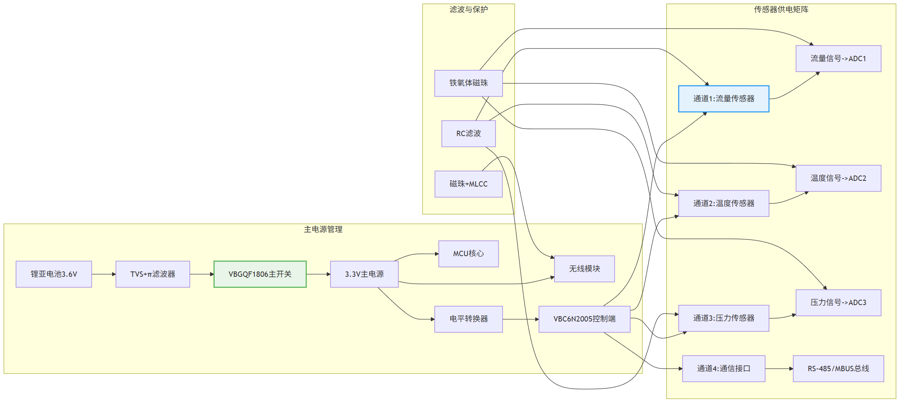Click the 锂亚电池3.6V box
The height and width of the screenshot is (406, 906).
pyautogui.click(x=54, y=274)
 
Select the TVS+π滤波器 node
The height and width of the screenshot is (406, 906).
pyautogui.click(x=153, y=274)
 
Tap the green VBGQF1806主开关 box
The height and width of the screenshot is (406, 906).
pyautogui.click(x=260, y=274)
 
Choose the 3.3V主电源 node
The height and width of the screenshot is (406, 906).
pyautogui.click(x=364, y=274)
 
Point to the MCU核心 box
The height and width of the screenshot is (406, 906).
pyautogui.click(x=469, y=254)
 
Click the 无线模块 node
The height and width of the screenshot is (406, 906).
pyautogui.click(x=585, y=269)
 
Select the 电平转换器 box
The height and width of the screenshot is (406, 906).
pyautogui.click(x=469, y=319)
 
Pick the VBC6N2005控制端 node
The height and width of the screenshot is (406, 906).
pyautogui.click(x=585, y=319)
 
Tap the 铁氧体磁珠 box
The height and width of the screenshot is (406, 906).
pyautogui.click(x=469, y=83)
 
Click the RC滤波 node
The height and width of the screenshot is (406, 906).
pyautogui.click(x=469, y=134)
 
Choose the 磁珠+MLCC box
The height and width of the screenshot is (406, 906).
pyautogui.click(x=469, y=184)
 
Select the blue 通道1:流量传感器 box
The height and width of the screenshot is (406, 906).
pyautogui.click(x=724, y=99)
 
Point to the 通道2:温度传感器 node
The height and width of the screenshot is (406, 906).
pyautogui.click(x=724, y=203)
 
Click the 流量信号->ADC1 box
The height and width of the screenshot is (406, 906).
pyautogui.click(x=839, y=58)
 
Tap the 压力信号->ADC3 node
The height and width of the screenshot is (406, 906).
pyautogui.click(x=839, y=303)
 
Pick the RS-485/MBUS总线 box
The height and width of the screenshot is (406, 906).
pyautogui.click(x=839, y=369)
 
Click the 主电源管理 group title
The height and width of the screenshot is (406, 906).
pyautogui.click(x=323, y=229)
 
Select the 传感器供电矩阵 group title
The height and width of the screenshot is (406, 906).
pyautogui.click(x=781, y=10)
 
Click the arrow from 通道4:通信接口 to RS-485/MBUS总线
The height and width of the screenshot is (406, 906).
pyautogui.click(x=779, y=369)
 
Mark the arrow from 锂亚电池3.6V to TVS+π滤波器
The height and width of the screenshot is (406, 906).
pyautogui.click(x=104, y=274)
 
